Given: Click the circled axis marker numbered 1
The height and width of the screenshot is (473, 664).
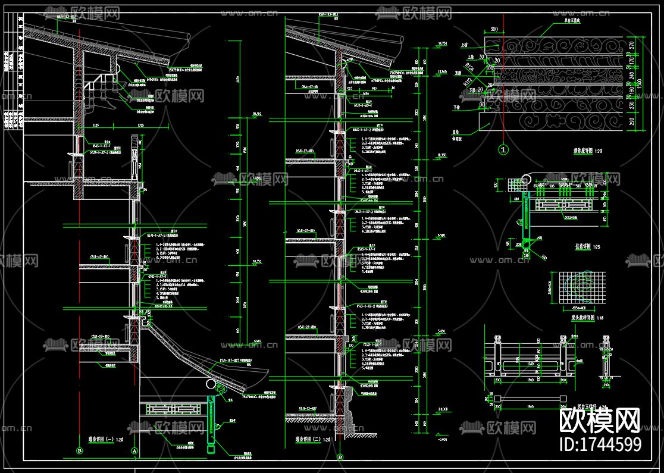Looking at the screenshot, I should pyautogui.click(x=503, y=150).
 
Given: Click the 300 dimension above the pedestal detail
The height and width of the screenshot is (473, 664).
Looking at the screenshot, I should pyautogui.click(x=494, y=29).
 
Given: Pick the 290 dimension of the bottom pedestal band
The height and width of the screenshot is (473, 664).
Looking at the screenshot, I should pyautogui.click(x=632, y=122).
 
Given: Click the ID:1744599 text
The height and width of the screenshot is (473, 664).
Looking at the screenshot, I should pyautogui.click(x=600, y=444).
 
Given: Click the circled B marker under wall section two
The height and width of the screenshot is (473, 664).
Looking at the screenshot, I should pyautogui.click(x=340, y=458).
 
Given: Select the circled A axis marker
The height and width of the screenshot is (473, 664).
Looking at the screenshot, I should pyautogui.click(x=134, y=452).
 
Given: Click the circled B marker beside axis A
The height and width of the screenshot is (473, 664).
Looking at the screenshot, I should pyautogui.click(x=79, y=452).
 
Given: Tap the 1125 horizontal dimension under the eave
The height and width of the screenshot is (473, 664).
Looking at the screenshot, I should pyautogui.click(x=96, y=126).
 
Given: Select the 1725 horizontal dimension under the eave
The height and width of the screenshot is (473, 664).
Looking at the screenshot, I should pyautogui.click(x=140, y=126).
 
